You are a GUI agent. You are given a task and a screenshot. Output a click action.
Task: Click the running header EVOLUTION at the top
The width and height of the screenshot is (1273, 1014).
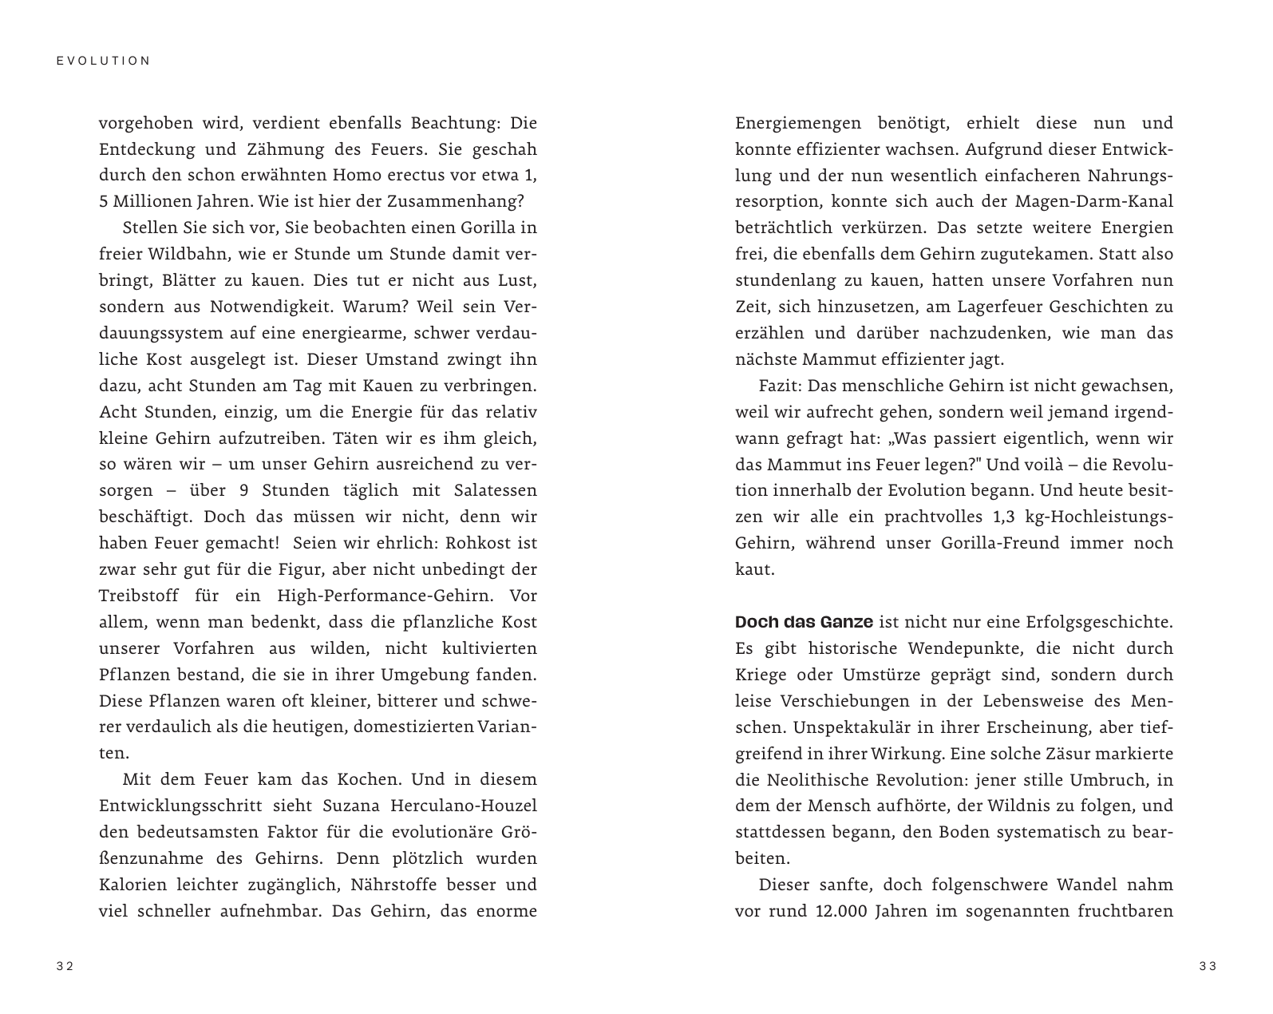tap(104, 61)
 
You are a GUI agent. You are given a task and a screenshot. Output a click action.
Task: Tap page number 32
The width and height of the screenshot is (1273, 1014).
tap(65, 966)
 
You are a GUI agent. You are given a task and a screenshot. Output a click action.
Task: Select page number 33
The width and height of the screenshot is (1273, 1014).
tap(1208, 966)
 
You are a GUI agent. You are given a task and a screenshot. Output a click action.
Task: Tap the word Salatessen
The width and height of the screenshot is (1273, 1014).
tap(490, 491)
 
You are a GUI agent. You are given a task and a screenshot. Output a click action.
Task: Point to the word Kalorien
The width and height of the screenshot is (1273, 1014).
tap(132, 885)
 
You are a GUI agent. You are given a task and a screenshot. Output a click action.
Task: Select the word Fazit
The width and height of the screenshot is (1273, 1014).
tap(779, 386)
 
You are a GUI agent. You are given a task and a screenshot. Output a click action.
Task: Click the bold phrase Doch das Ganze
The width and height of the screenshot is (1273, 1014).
tap(803, 622)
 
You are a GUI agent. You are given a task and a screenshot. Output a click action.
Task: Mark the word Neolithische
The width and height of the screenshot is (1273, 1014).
tap(816, 780)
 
